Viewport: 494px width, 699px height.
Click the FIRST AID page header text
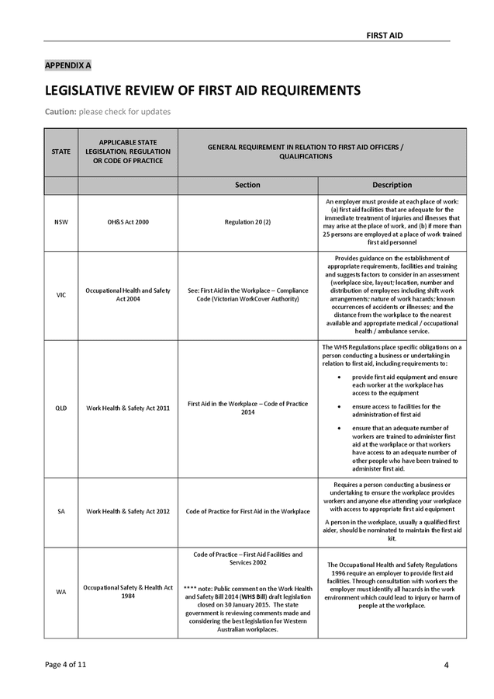pos(385,36)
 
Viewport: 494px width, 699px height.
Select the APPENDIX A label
pos(67,65)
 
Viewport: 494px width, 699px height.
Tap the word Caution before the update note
pos(60,112)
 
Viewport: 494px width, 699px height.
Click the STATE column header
pos(61,151)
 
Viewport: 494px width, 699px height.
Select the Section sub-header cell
pos(247,185)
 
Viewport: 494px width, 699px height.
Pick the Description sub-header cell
pos(392,185)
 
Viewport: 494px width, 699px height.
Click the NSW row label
pos(61,222)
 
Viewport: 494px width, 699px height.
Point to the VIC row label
pos(61,295)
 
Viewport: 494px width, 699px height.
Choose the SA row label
pos(61,511)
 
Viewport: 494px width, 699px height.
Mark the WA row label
pos(61,592)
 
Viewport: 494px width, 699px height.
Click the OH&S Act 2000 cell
pos(128,222)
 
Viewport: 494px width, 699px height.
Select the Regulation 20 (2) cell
pos(247,222)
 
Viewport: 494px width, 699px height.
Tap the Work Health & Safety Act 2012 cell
pos(128,511)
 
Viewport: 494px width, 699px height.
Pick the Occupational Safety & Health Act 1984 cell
pos(128,592)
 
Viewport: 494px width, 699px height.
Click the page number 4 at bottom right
pos(447,665)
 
